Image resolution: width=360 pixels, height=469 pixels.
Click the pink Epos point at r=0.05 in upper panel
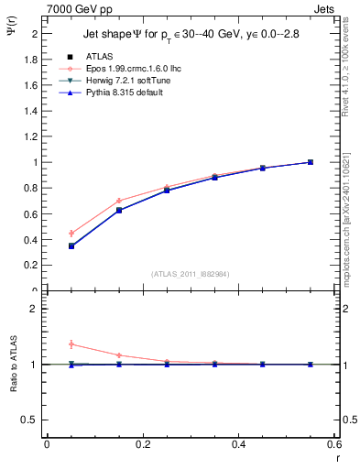click(71, 234)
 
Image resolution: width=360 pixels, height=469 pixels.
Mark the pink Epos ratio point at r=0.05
click(71, 344)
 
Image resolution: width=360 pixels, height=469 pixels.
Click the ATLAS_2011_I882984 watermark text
click(191, 274)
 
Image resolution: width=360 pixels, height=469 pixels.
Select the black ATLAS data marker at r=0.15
click(119, 210)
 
